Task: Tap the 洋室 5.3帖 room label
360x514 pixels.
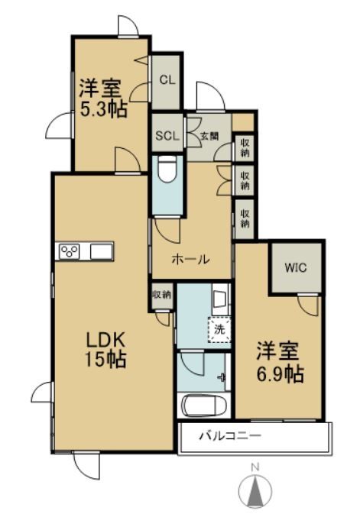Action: (104, 98)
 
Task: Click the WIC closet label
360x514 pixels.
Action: (296, 269)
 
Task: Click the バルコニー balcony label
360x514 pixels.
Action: (231, 438)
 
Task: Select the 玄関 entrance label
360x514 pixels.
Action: (209, 137)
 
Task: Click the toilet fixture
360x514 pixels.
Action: (167, 170)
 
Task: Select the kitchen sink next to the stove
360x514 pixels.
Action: (102, 252)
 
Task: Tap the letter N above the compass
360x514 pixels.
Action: (258, 467)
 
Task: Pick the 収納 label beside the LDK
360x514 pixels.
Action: (161, 295)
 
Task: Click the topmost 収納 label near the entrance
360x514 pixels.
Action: (245, 145)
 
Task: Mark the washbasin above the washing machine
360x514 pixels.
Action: (219, 299)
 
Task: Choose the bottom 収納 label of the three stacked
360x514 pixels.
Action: (245, 218)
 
